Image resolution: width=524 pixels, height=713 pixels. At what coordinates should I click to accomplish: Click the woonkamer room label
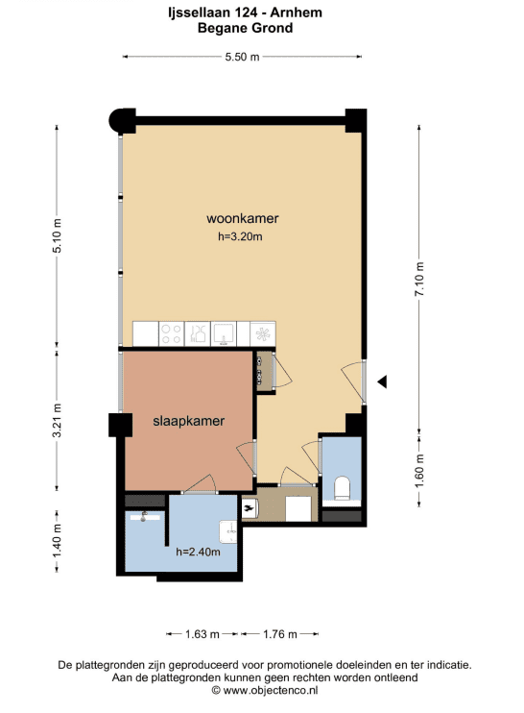(x=243, y=218)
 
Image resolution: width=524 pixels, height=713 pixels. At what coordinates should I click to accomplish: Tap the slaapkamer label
(x=188, y=421)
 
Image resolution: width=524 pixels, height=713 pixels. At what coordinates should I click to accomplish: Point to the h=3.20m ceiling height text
(x=240, y=236)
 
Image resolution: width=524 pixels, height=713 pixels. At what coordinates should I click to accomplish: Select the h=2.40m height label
(x=198, y=552)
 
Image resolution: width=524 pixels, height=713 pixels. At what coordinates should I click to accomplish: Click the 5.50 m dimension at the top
(x=242, y=57)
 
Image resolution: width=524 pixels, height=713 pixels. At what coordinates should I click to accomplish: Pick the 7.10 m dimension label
(x=419, y=280)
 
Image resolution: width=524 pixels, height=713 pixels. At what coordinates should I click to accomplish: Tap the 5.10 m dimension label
(x=57, y=235)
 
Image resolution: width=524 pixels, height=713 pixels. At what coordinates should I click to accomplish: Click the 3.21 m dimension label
(x=57, y=420)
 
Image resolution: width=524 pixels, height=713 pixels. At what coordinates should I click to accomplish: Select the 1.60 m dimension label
(x=419, y=471)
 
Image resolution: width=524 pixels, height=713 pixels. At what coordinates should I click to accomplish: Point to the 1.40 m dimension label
(x=57, y=541)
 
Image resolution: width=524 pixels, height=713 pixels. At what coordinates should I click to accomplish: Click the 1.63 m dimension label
(x=202, y=634)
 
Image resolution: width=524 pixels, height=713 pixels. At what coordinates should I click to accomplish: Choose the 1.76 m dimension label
(x=279, y=634)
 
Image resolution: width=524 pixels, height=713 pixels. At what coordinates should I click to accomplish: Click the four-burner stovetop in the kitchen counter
(x=171, y=333)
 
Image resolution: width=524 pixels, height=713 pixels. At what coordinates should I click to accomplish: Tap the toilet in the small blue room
(x=342, y=488)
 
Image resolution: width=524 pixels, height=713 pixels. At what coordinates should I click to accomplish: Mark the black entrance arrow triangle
(x=382, y=382)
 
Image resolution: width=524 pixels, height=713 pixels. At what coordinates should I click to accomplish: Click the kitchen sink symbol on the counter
(x=224, y=333)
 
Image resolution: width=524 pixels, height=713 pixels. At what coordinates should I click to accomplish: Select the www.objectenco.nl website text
(x=264, y=690)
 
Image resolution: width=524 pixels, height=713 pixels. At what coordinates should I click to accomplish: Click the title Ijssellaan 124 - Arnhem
(x=245, y=12)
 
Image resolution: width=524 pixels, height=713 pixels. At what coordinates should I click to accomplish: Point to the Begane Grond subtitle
(x=245, y=28)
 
